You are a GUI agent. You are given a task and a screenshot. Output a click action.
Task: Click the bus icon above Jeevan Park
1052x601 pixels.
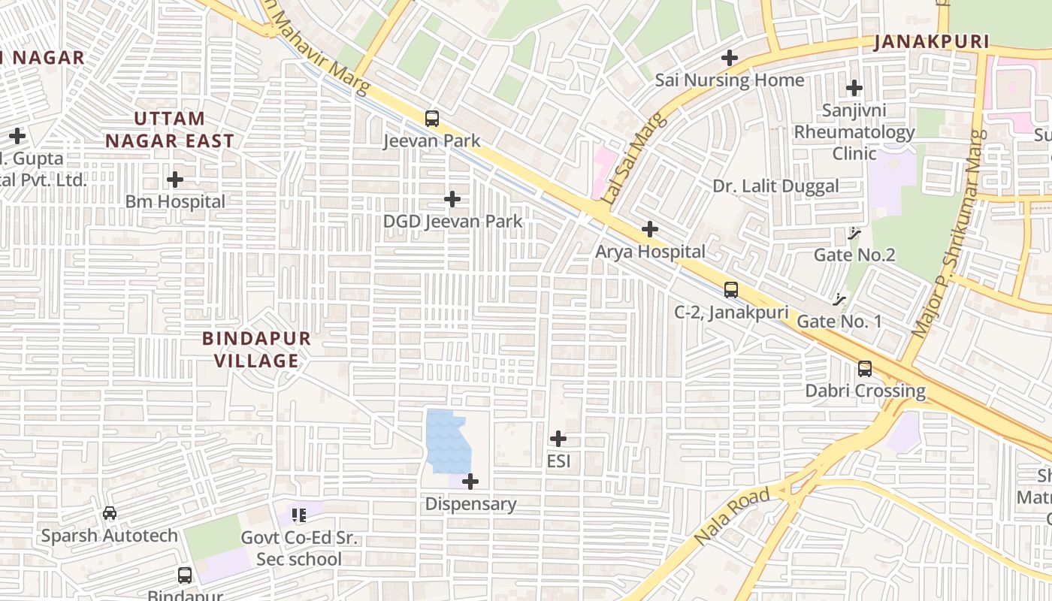432,118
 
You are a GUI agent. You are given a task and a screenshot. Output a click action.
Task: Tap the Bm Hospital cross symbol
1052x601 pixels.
175,180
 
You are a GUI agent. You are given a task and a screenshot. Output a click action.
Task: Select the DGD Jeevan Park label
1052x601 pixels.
452,222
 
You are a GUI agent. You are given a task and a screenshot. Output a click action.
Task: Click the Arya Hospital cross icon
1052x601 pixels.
650,229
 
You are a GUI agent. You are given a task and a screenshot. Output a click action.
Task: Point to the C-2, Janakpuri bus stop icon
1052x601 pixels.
731,289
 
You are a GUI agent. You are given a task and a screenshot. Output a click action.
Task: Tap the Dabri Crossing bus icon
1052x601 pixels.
865,369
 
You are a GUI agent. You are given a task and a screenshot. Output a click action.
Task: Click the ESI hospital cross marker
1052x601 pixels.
558,439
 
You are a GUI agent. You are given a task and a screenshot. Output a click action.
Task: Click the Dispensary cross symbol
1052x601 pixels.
470,481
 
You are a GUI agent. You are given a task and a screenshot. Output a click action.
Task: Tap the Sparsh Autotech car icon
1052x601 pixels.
110,513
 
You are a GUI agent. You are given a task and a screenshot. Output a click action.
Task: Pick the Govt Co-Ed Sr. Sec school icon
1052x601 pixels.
299,515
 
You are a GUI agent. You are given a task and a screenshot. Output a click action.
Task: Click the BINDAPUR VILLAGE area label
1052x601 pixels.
256,349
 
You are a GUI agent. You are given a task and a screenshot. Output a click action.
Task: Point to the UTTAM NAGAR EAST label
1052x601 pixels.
169,129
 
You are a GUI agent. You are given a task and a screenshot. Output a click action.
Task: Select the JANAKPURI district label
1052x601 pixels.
931,42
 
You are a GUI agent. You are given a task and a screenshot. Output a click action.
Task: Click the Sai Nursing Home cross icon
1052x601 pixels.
730,58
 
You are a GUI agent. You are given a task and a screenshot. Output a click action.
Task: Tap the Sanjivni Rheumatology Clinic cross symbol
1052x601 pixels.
854,89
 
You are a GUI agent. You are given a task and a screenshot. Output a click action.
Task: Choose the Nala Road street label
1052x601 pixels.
732,516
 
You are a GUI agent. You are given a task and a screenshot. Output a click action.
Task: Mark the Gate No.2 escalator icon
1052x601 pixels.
854,234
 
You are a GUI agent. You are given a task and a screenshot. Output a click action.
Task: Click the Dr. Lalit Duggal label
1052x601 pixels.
775,187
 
